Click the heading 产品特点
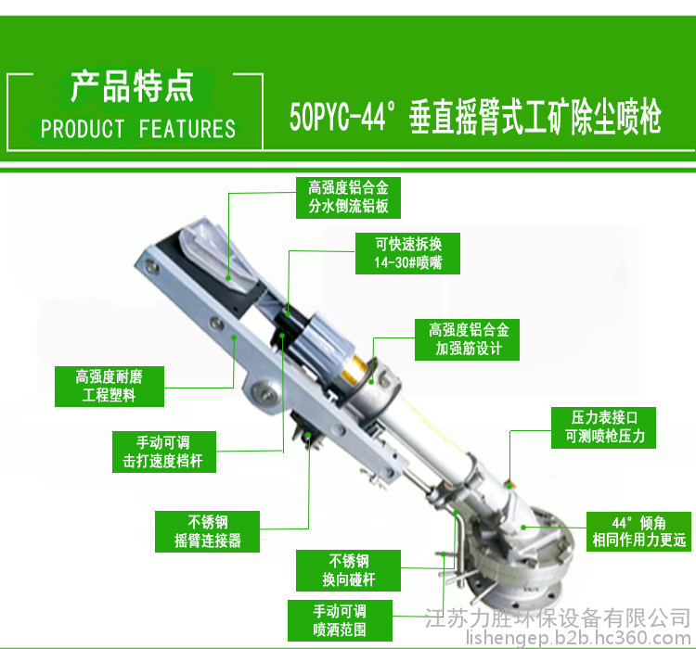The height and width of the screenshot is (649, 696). (132, 86)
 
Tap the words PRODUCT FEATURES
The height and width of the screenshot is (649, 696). (138, 129)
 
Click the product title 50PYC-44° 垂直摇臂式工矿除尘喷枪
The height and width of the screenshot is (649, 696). (475, 117)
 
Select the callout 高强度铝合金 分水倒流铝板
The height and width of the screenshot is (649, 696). (348, 197)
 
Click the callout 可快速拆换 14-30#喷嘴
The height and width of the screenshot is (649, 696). (407, 253)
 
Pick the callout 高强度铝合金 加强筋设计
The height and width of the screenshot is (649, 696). (467, 339)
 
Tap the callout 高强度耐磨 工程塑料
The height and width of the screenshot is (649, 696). (110, 387)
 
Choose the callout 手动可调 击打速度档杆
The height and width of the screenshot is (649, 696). (164, 452)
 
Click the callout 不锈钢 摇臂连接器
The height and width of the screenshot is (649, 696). (207, 531)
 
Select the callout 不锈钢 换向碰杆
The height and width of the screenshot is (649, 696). (348, 570)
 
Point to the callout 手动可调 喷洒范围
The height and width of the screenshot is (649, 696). (340, 620)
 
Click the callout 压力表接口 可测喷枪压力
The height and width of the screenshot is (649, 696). (604, 427)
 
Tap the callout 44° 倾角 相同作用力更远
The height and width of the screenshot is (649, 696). (639, 531)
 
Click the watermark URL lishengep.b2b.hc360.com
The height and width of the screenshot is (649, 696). (578, 639)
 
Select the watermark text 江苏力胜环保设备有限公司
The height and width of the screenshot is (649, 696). (558, 618)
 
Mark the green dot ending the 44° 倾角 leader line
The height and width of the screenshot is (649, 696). (523, 528)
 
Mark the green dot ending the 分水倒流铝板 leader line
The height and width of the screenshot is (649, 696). (228, 278)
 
